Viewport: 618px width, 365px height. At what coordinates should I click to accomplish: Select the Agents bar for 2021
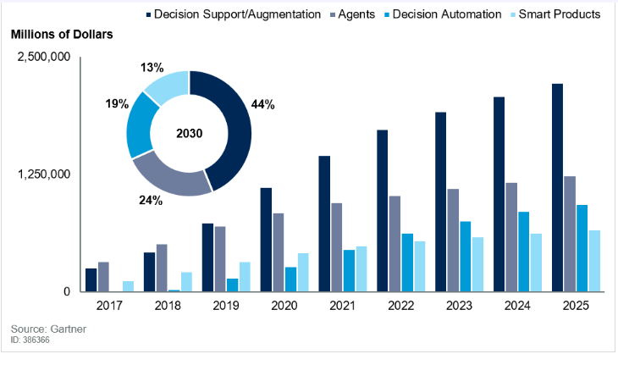[336, 247]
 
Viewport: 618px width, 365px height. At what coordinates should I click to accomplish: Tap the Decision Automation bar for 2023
[466, 257]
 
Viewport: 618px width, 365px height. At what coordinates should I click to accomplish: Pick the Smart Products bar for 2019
[245, 277]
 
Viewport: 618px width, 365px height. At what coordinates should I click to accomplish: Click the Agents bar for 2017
[103, 277]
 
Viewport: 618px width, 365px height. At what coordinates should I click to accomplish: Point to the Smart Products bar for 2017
[128, 286]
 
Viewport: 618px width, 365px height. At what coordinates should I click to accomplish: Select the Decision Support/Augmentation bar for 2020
[266, 240]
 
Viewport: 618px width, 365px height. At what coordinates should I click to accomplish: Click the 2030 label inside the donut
[189, 134]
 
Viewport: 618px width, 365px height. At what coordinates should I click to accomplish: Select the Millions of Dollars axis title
[62, 35]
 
